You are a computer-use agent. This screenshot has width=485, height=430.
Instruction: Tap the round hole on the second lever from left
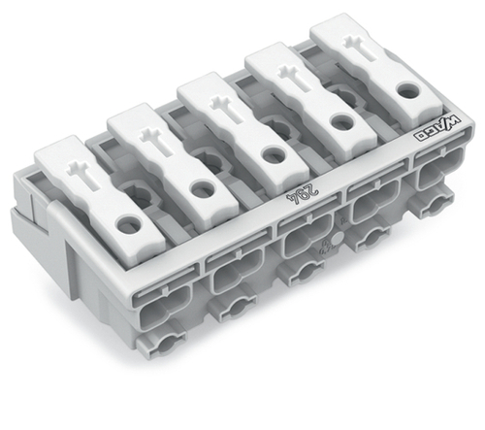[x=203, y=189]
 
